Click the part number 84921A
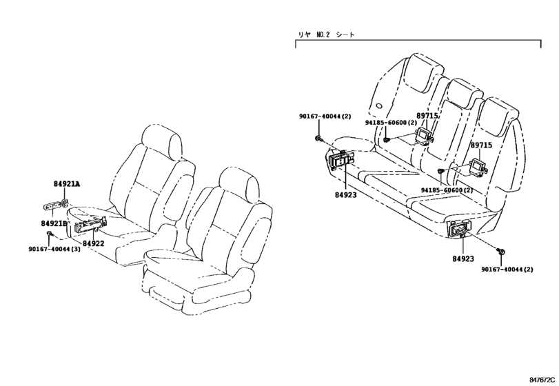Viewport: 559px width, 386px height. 67,184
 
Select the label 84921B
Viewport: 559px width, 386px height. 54,223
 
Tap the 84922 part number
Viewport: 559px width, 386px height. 94,243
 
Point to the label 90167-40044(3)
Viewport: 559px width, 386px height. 54,249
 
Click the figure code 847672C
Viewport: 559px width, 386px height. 542,380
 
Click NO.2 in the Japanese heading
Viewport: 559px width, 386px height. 323,34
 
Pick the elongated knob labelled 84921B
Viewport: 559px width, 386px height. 52,206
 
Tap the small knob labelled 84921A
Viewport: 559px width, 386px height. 66,203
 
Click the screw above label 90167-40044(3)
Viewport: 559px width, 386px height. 49,234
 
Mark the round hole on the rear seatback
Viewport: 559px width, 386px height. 379,105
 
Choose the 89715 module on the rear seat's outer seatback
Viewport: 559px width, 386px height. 478,165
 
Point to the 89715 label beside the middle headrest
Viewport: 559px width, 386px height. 427,116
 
